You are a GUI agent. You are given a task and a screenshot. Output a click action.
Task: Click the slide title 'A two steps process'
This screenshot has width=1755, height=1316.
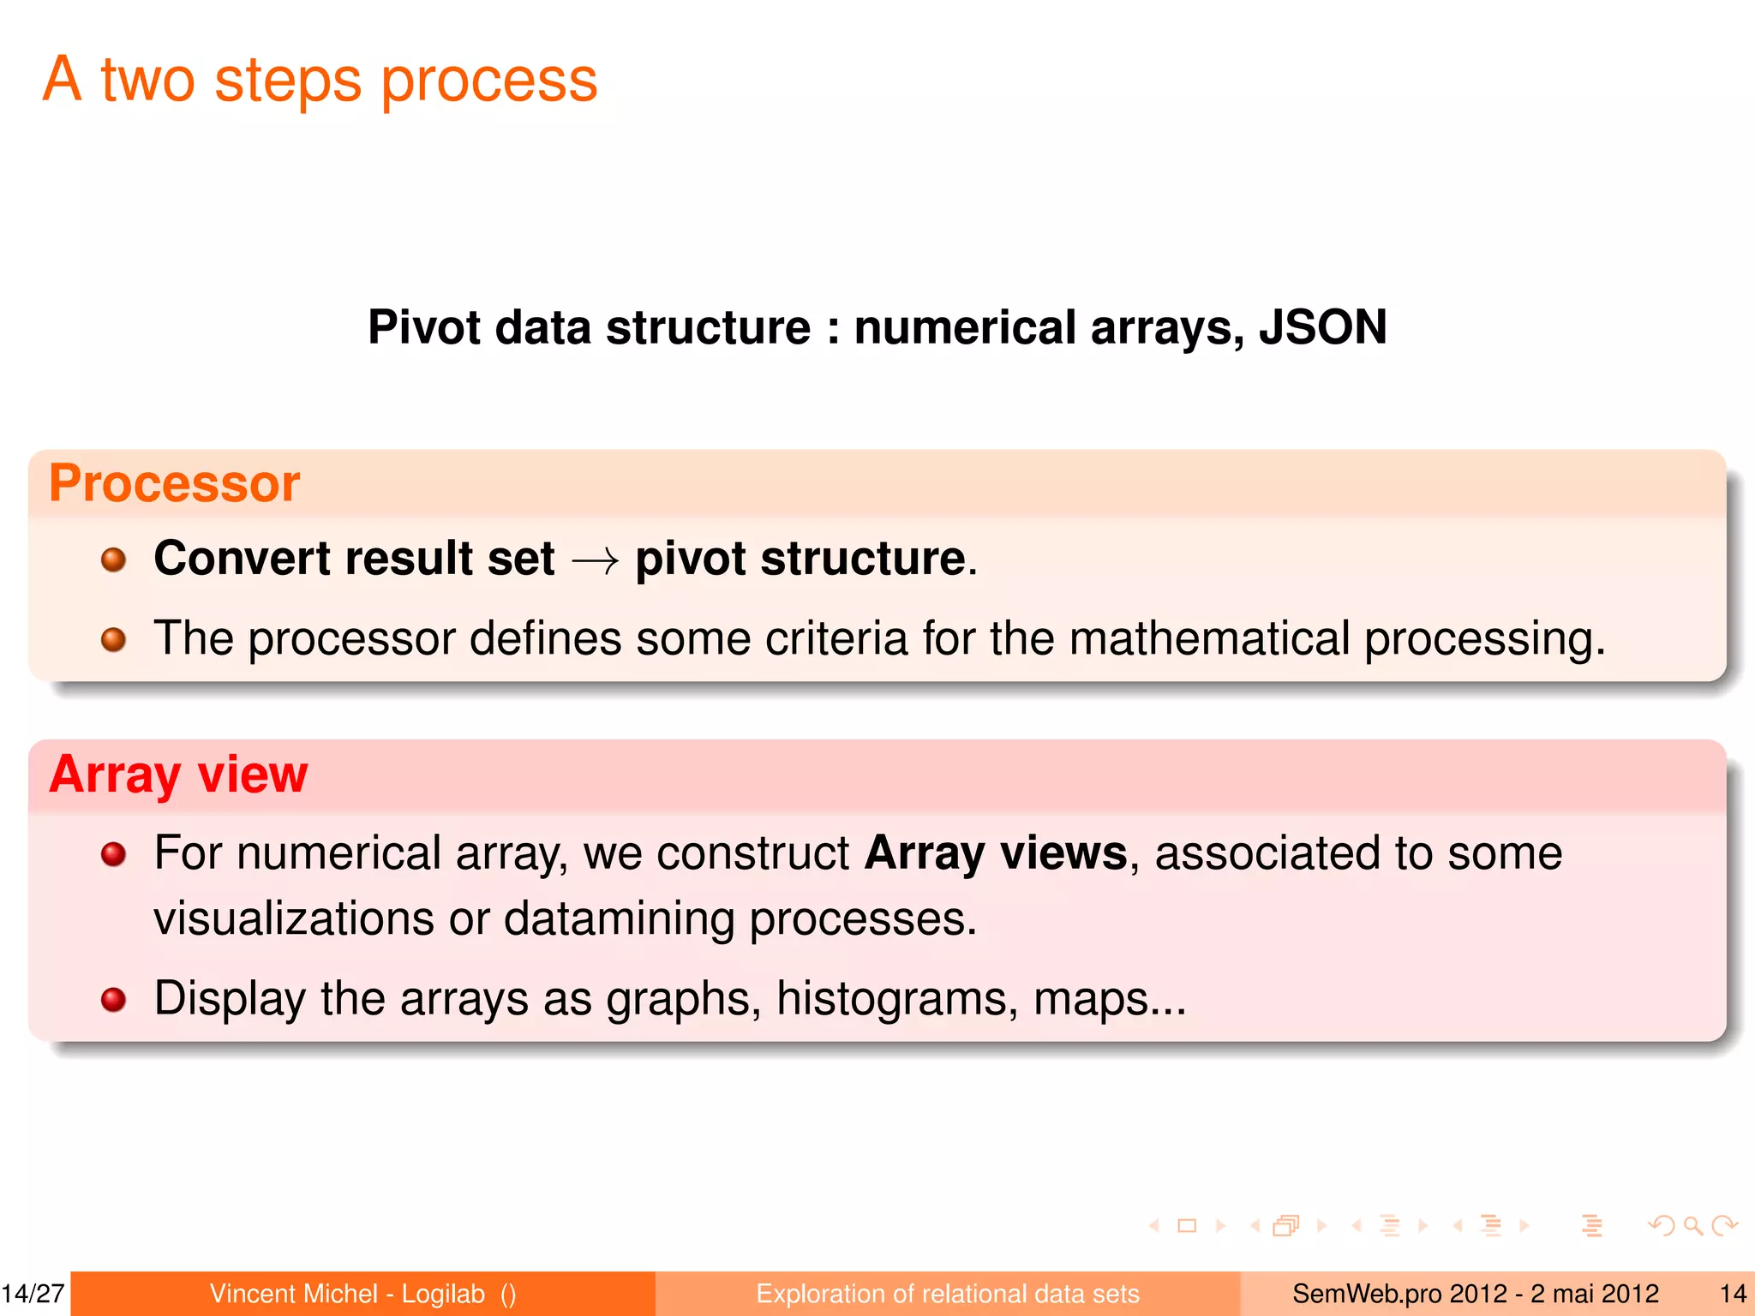tap(320, 80)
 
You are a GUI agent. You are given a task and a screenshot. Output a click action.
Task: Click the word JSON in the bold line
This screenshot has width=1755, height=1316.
tap(1322, 327)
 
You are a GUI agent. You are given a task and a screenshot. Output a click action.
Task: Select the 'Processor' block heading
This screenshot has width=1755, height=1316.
tap(175, 483)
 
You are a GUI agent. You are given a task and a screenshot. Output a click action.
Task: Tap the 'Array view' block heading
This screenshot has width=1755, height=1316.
tap(178, 775)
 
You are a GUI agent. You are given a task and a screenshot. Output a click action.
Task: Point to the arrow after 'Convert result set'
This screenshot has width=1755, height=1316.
tap(595, 562)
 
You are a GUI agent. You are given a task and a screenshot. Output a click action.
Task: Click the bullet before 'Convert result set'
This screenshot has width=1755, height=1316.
tap(113, 560)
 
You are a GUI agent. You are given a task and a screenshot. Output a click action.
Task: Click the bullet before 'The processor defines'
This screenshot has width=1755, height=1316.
tap(113, 639)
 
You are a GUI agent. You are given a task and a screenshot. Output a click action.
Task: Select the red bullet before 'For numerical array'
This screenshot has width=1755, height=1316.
tap(113, 854)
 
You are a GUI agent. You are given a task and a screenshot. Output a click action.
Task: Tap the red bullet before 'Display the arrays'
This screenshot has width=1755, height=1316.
tap(113, 999)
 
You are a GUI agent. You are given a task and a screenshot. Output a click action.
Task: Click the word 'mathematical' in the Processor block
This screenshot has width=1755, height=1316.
tap(1210, 639)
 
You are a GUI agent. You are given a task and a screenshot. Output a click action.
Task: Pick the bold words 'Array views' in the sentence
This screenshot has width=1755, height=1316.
tap(996, 853)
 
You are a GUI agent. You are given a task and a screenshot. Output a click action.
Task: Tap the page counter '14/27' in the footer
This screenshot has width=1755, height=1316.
tap(33, 1294)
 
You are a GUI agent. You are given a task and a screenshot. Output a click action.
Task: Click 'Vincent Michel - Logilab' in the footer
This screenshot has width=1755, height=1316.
tap(347, 1294)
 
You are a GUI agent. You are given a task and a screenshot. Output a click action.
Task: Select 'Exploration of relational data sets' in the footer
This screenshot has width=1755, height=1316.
tap(948, 1294)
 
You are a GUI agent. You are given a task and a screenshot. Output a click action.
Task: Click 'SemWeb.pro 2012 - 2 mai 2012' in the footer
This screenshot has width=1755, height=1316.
tap(1475, 1294)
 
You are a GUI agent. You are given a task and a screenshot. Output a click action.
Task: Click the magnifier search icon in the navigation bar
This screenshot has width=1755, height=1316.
tap(1692, 1226)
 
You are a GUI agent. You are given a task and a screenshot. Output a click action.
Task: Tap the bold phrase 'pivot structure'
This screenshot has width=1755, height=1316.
tap(800, 559)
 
